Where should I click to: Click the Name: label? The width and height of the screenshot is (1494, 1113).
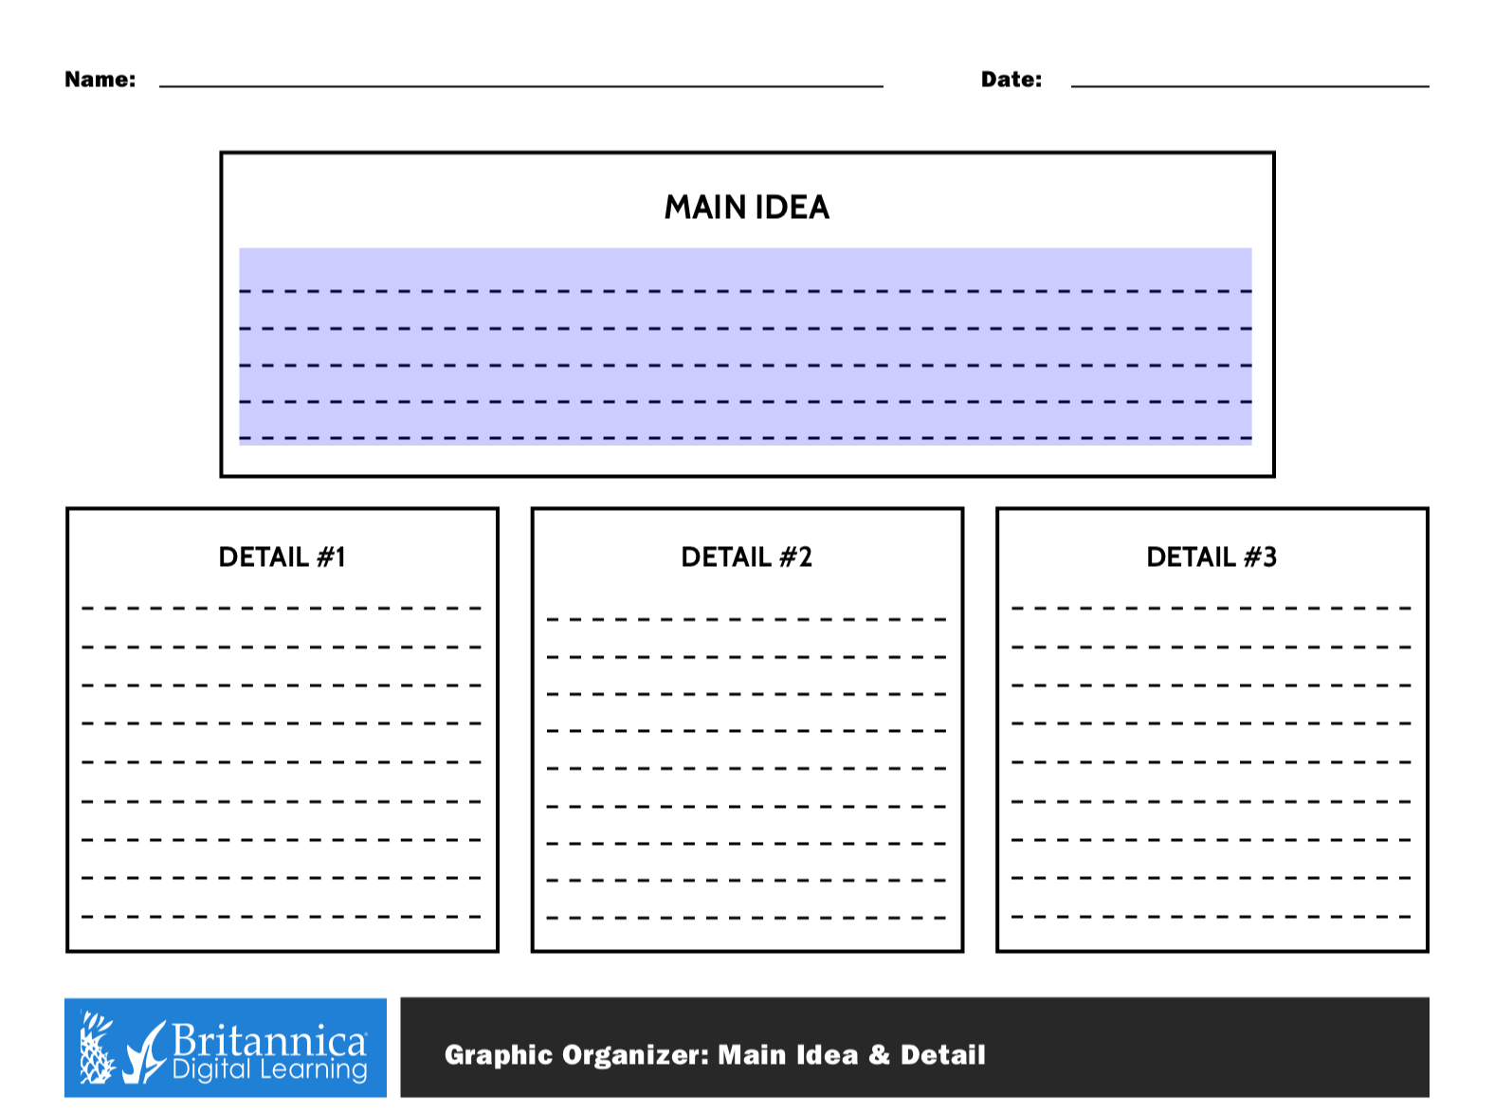[x=100, y=80]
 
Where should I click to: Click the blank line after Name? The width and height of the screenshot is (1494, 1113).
[x=520, y=86]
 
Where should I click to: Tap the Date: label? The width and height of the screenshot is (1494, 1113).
[x=1011, y=80]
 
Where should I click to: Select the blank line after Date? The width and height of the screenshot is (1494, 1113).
[x=1249, y=86]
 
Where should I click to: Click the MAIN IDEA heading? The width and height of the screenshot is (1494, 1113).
[x=746, y=208]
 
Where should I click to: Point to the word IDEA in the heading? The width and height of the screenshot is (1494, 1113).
[x=793, y=208]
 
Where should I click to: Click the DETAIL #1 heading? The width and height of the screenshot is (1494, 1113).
[x=282, y=557]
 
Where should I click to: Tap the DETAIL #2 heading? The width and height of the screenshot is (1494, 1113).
[x=746, y=557]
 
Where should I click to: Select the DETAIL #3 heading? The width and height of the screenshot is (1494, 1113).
[x=1212, y=557]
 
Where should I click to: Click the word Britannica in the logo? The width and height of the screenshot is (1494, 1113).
[x=269, y=1040]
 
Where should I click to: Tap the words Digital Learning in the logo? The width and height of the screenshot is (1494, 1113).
[x=269, y=1069]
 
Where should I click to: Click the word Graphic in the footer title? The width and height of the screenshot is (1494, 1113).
[x=499, y=1055]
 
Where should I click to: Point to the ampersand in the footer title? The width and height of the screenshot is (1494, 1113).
[x=879, y=1054]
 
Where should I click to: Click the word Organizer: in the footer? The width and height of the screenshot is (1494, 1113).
[x=635, y=1055]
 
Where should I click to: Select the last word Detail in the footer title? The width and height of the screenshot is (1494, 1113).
[x=943, y=1054]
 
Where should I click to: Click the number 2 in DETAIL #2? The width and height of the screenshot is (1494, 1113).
[x=805, y=557]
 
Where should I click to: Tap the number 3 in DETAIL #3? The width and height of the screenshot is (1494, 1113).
[x=1269, y=557]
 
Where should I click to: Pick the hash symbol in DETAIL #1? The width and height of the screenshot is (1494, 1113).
[x=326, y=557]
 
